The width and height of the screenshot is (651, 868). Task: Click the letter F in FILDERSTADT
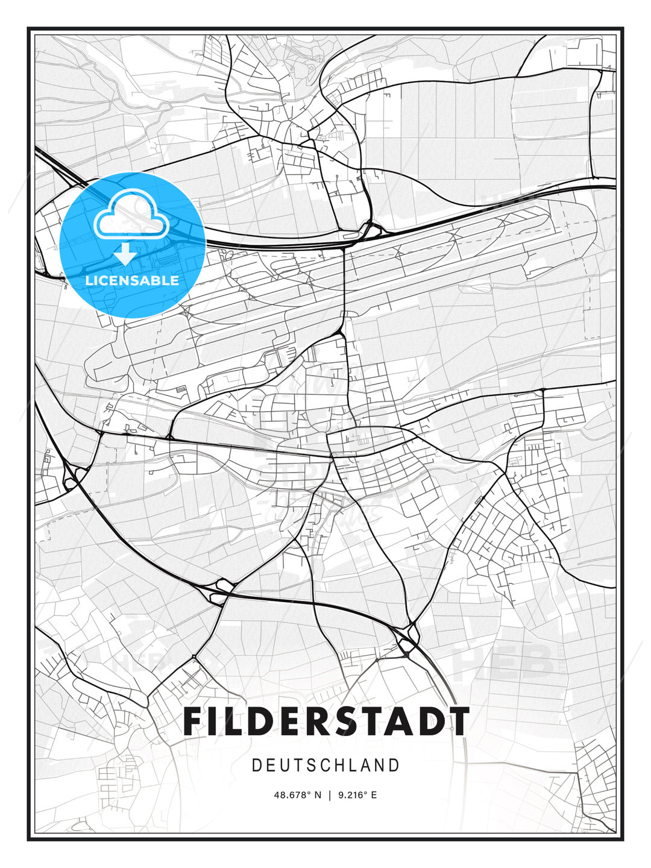click(x=194, y=721)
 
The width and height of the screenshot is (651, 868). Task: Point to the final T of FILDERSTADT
click(x=458, y=721)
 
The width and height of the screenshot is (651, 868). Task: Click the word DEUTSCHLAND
click(x=325, y=766)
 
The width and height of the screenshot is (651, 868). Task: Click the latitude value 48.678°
click(x=292, y=795)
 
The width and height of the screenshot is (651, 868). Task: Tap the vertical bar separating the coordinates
click(x=330, y=795)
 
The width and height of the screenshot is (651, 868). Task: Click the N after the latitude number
click(x=318, y=795)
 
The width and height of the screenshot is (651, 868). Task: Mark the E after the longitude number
click(x=374, y=795)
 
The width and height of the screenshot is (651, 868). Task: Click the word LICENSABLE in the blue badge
click(x=132, y=280)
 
